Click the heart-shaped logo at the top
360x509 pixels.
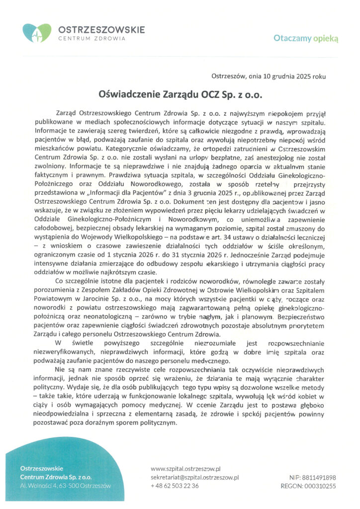37,33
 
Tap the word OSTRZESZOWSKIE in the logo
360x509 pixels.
101,29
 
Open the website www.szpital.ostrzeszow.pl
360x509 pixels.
185,468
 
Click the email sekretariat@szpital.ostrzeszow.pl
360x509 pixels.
194,477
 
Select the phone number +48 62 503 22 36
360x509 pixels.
175,486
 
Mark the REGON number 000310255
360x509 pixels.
321,486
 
